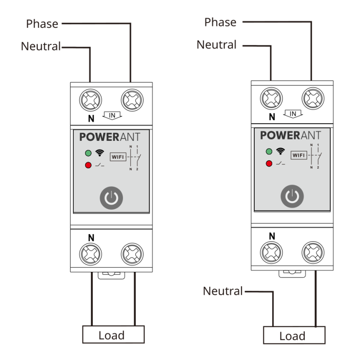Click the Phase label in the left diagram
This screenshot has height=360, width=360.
click(x=42, y=24)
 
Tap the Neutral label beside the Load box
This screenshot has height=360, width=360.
click(x=223, y=291)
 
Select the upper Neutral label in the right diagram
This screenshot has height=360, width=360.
click(x=216, y=45)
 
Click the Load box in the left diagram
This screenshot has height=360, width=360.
click(x=113, y=334)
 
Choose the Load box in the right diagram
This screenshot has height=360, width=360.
click(x=294, y=335)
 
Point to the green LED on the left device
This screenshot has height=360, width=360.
click(x=88, y=153)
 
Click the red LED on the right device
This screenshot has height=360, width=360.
click(x=269, y=163)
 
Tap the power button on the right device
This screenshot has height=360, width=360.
click(x=292, y=196)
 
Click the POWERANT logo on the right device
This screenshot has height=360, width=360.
click(x=290, y=135)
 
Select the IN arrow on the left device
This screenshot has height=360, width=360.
click(x=112, y=116)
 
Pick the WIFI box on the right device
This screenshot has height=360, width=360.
click(x=299, y=155)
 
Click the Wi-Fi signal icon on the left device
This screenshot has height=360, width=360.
click(x=99, y=153)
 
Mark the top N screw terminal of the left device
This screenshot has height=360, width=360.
click(x=90, y=100)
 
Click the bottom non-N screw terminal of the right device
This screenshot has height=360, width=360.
click(x=313, y=252)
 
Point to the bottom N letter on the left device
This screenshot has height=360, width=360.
click(x=91, y=238)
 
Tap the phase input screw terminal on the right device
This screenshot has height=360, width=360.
click(x=313, y=99)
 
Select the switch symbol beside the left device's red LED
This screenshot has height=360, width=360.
click(x=99, y=165)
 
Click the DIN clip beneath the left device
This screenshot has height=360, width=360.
click(x=111, y=275)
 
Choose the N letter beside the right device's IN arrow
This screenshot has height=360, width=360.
click(x=272, y=117)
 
